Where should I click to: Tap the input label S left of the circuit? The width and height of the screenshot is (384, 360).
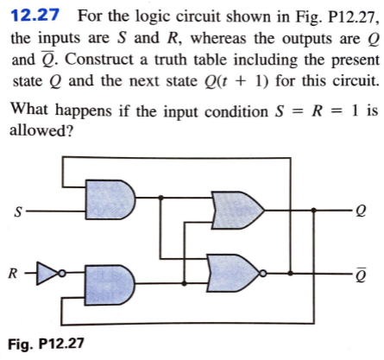[16, 211]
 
